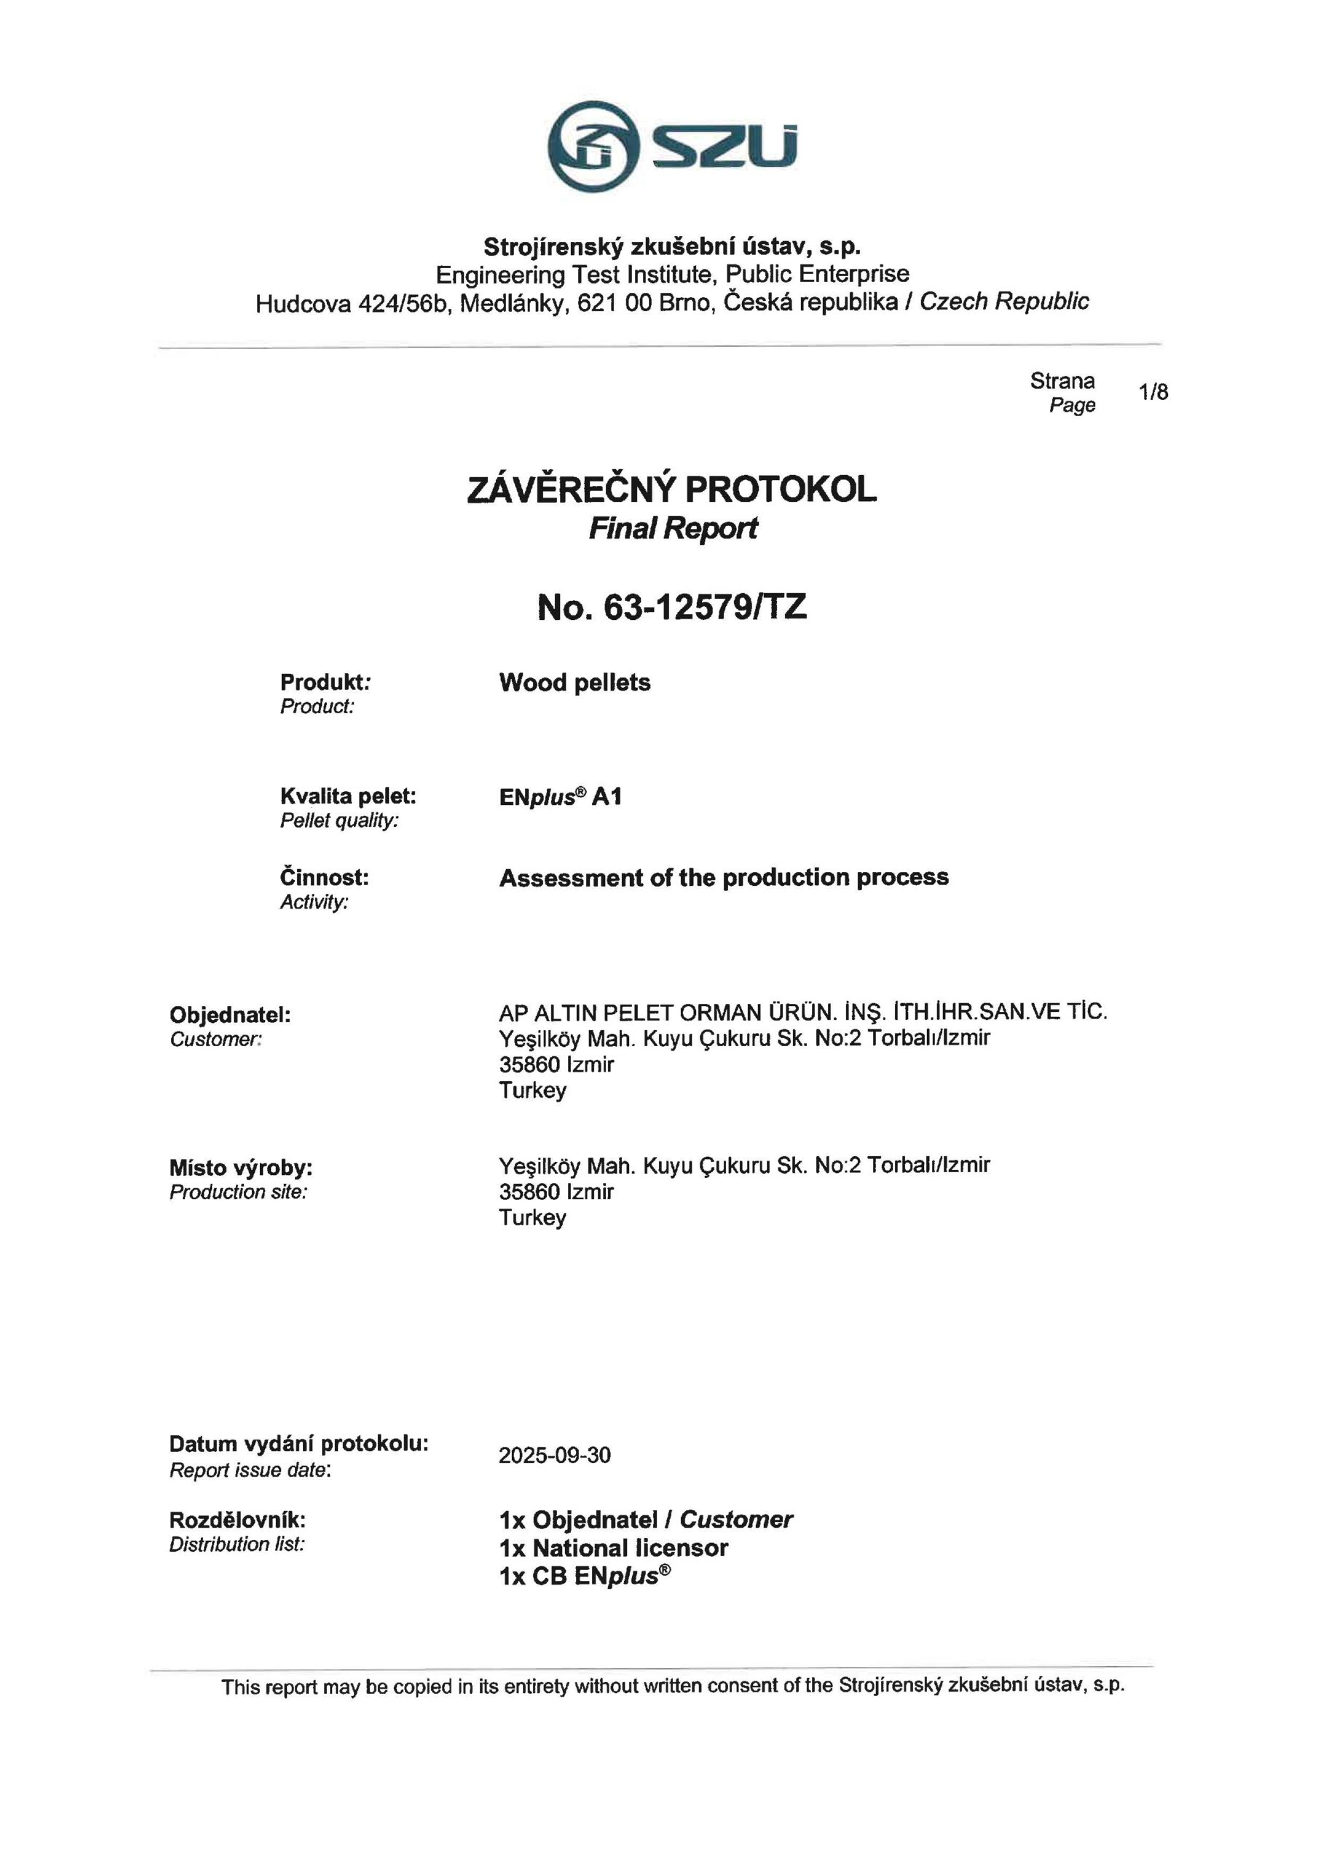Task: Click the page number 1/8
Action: point(1153,393)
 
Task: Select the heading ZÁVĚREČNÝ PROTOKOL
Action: point(671,489)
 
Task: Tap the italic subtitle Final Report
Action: point(672,529)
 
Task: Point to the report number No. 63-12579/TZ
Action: point(671,607)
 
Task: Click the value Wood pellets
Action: point(575,683)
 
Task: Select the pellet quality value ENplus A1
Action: point(561,797)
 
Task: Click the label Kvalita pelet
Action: point(347,796)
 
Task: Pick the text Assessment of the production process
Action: point(724,877)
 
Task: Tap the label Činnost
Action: point(324,877)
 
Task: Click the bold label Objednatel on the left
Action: point(230,1015)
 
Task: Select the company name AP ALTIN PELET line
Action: point(802,1012)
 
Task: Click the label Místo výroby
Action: point(240,1168)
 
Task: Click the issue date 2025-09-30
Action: point(555,1455)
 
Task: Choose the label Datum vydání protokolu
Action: point(299,1443)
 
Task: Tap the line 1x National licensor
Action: point(613,1547)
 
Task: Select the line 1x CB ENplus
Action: point(585,1576)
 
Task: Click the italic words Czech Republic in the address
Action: point(1003,302)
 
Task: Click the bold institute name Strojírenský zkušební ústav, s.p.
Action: point(671,246)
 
